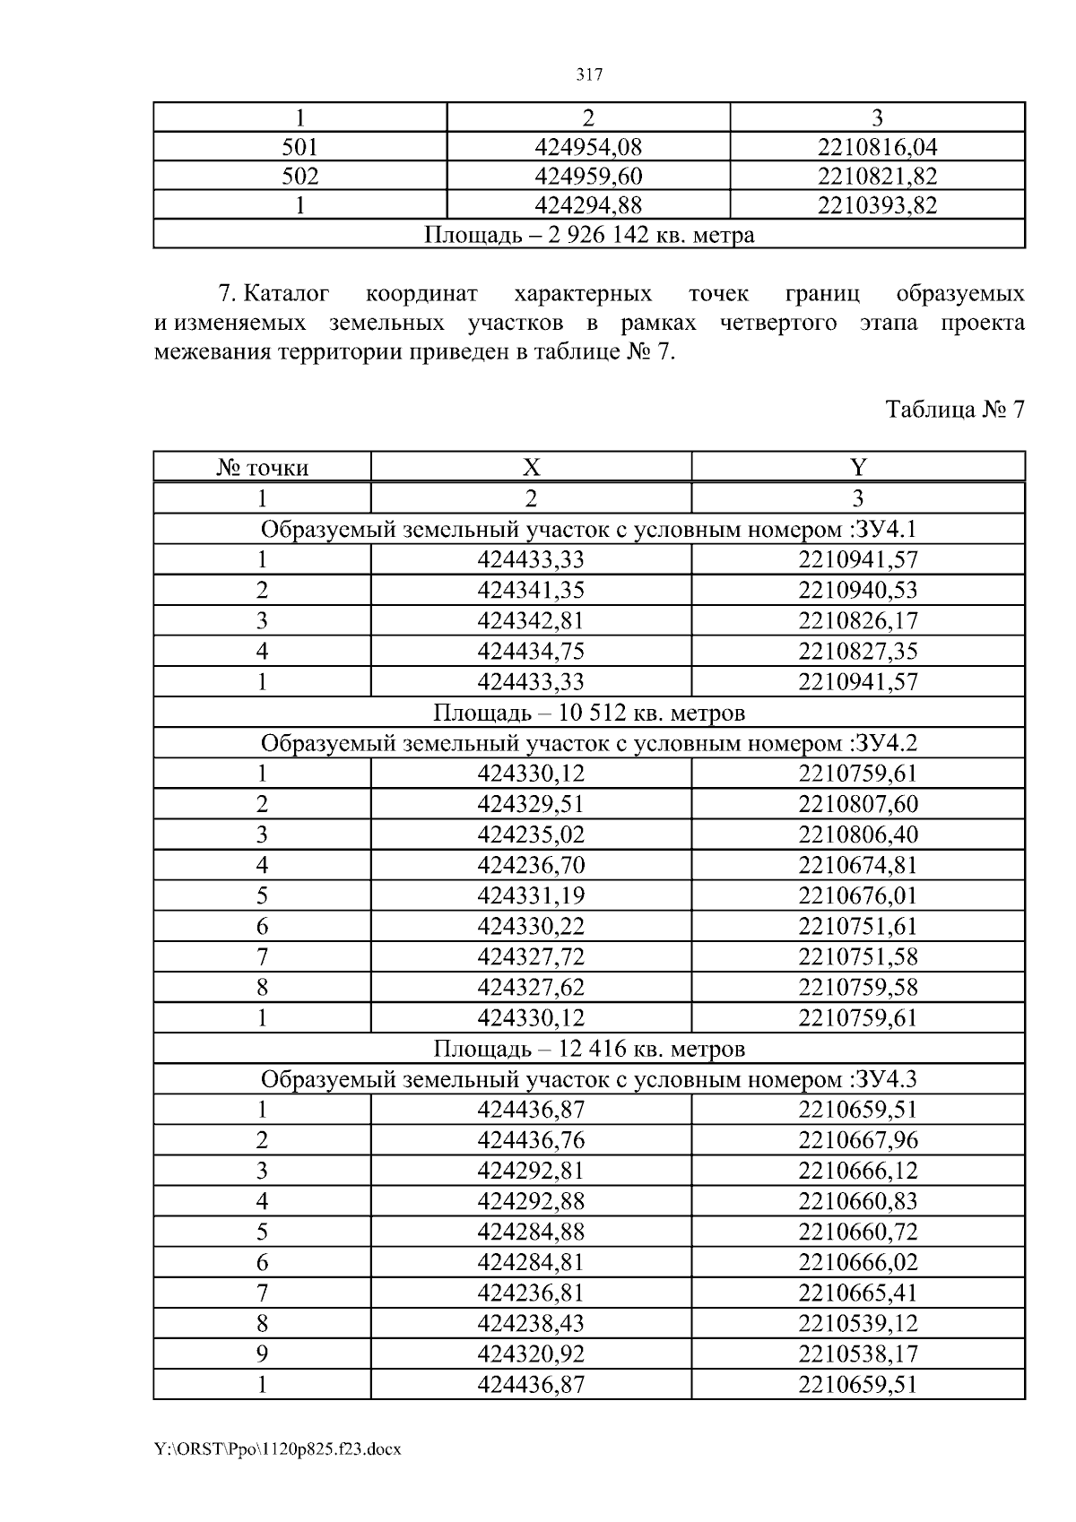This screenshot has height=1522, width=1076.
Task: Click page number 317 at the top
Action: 588,75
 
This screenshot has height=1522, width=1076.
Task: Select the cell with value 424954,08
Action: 588,147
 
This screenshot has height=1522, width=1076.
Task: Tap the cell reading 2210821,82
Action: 877,177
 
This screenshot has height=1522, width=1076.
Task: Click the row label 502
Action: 299,177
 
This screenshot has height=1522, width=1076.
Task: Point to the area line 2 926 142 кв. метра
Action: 588,235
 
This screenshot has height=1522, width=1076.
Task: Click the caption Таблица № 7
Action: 954,410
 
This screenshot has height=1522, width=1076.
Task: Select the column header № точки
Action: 262,468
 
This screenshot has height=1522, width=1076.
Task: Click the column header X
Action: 531,468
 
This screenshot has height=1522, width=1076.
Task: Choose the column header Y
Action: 858,468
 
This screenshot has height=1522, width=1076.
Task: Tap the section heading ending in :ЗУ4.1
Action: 588,530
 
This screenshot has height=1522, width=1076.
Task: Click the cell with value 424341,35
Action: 531,591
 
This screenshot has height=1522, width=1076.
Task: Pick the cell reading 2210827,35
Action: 858,652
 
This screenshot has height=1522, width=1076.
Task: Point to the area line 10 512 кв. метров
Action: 588,713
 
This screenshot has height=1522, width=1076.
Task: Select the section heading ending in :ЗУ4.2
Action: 588,743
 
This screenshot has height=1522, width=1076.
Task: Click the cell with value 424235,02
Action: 531,835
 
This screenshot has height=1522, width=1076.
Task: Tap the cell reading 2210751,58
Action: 858,956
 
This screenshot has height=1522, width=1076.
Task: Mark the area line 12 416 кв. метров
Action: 588,1049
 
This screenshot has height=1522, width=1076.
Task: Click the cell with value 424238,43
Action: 531,1323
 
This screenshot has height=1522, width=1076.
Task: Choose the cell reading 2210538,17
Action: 858,1353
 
